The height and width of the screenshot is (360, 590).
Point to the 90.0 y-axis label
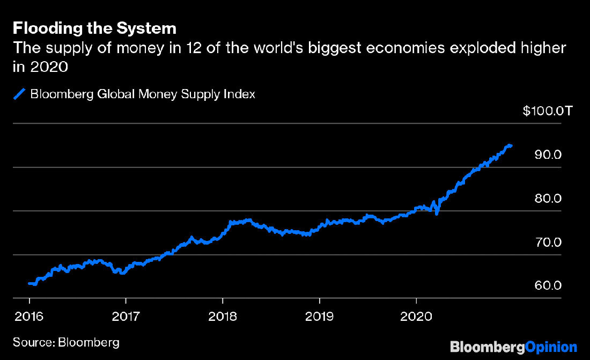[548, 155]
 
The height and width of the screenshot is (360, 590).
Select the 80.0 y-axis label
[548, 199]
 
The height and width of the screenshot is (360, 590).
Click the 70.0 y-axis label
[548, 243]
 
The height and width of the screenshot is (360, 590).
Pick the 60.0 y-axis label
[548, 286]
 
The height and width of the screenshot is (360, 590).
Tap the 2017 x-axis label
[126, 316]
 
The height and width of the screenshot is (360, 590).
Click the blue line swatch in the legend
[19, 94]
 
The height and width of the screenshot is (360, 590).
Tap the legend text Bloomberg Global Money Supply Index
[143, 94]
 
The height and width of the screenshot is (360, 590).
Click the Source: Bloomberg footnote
[66, 342]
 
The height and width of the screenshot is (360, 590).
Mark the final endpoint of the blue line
[511, 145]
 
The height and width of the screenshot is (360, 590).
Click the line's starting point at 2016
[29, 283]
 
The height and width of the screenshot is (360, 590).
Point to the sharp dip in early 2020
[437, 214]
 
